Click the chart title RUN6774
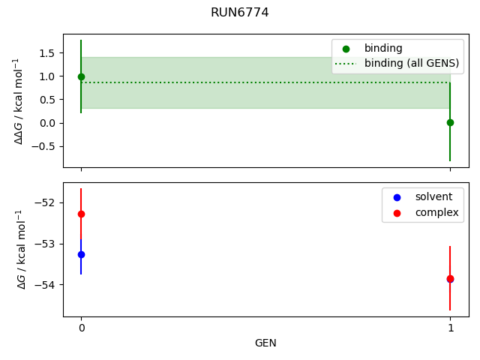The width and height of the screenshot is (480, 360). pyautogui.click(x=239, y=13)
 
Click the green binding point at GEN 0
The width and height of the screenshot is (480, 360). pyautogui.click(x=81, y=76)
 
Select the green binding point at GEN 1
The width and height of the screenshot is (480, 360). pyautogui.click(x=450, y=122)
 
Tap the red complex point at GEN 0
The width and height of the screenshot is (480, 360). pyautogui.click(x=81, y=214)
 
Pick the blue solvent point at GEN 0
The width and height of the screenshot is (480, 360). pyautogui.click(x=81, y=254)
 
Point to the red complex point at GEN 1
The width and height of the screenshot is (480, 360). pyautogui.click(x=450, y=278)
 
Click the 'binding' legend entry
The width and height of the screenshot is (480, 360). pyautogui.click(x=383, y=49)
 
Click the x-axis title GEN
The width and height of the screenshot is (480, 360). pyautogui.click(x=265, y=343)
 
